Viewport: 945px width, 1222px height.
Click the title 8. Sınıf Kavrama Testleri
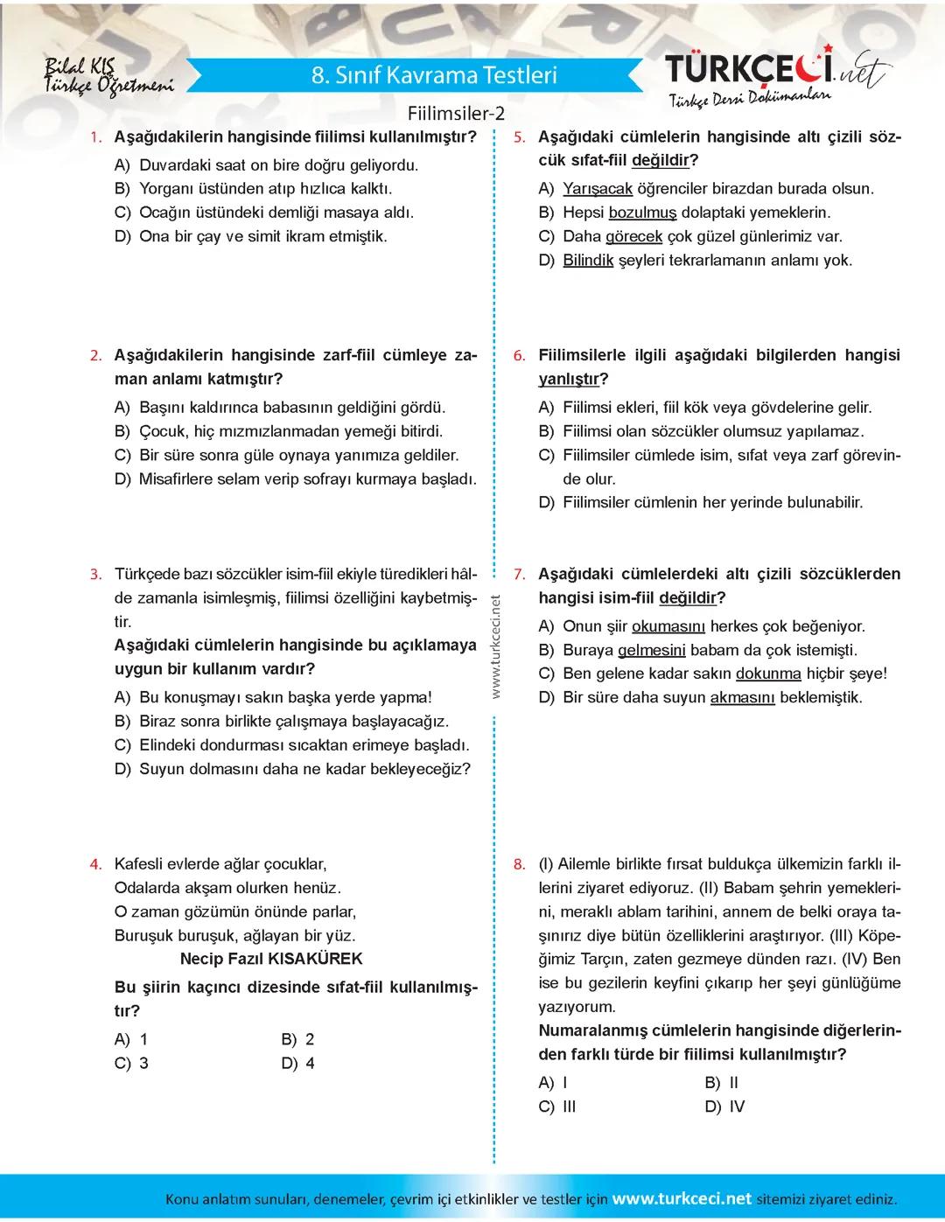tap(434, 75)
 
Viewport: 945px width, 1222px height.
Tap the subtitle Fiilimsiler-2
tap(456, 114)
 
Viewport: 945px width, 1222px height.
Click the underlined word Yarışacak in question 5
tap(598, 189)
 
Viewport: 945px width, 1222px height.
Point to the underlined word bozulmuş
tap(642, 213)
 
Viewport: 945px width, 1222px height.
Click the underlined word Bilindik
tap(588, 261)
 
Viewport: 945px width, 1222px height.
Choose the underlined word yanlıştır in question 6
tap(570, 380)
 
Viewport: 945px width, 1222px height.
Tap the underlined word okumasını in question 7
tap(668, 627)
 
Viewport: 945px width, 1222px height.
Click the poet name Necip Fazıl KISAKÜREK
tap(271, 959)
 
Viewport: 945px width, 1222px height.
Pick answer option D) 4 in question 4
tap(297, 1064)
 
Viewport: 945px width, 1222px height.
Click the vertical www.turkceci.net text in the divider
tap(495, 647)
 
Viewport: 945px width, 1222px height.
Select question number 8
tap(519, 864)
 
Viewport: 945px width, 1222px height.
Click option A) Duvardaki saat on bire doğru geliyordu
tap(267, 165)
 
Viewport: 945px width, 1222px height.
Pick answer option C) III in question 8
tap(557, 1107)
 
